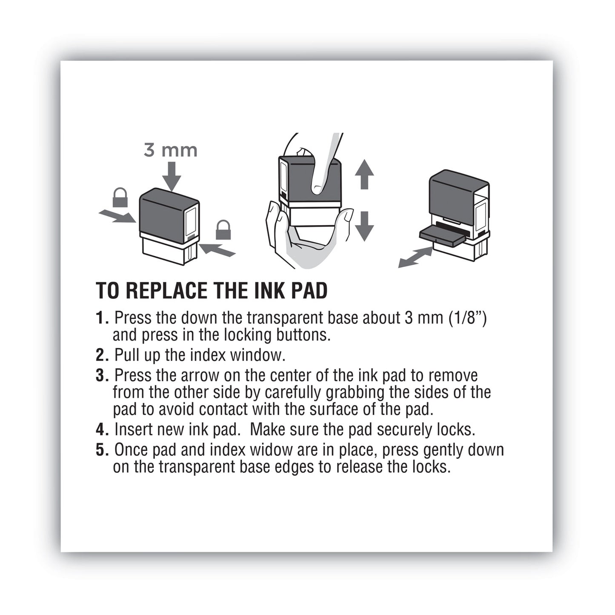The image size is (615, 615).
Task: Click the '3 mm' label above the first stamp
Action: point(170,150)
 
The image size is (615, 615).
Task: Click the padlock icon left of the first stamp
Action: point(120,197)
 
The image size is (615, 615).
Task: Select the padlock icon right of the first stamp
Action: point(223,230)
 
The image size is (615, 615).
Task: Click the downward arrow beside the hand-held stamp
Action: point(364,226)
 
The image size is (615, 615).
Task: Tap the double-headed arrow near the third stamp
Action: point(415,257)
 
